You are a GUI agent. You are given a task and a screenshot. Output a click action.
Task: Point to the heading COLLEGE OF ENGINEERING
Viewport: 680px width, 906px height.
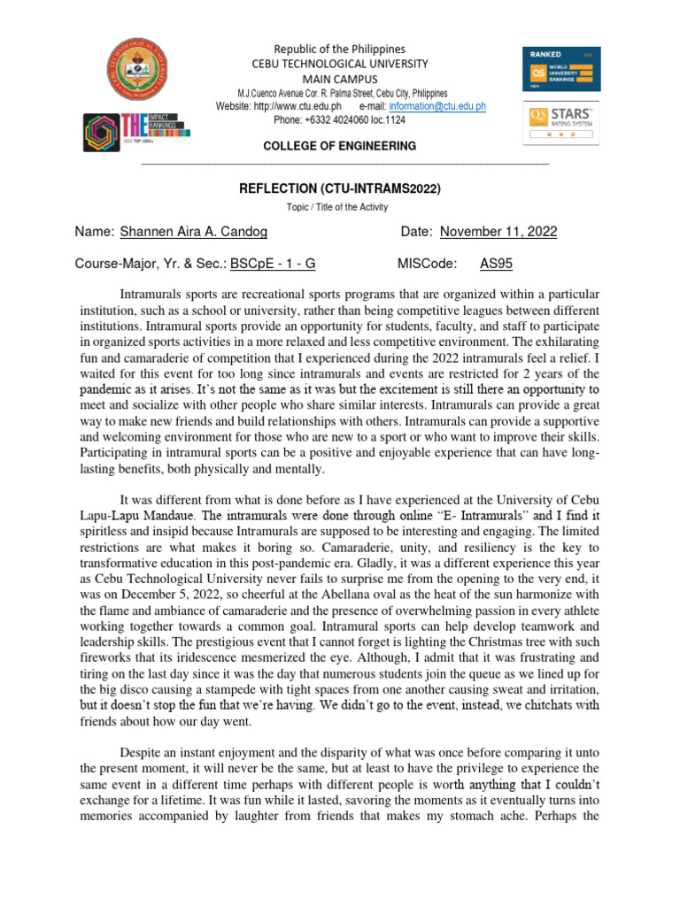point(340,145)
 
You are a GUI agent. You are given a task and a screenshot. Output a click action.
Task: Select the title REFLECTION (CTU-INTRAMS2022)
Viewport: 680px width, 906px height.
point(340,188)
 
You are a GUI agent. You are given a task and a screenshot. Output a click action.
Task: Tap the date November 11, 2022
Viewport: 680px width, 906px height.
point(498,232)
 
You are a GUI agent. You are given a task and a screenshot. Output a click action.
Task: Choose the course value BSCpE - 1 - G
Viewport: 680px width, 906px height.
point(274,263)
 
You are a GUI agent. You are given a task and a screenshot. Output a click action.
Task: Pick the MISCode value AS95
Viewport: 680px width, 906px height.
point(496,263)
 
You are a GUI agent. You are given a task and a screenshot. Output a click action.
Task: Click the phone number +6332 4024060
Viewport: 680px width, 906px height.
point(344,119)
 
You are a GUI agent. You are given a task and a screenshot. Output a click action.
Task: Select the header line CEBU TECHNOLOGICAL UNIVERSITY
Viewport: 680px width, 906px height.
point(340,64)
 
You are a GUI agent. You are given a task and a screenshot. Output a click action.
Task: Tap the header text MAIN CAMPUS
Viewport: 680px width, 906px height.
point(340,79)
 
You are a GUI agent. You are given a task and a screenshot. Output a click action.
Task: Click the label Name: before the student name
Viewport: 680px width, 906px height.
point(94,232)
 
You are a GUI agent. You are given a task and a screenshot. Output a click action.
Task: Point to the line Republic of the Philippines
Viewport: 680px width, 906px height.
point(340,49)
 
